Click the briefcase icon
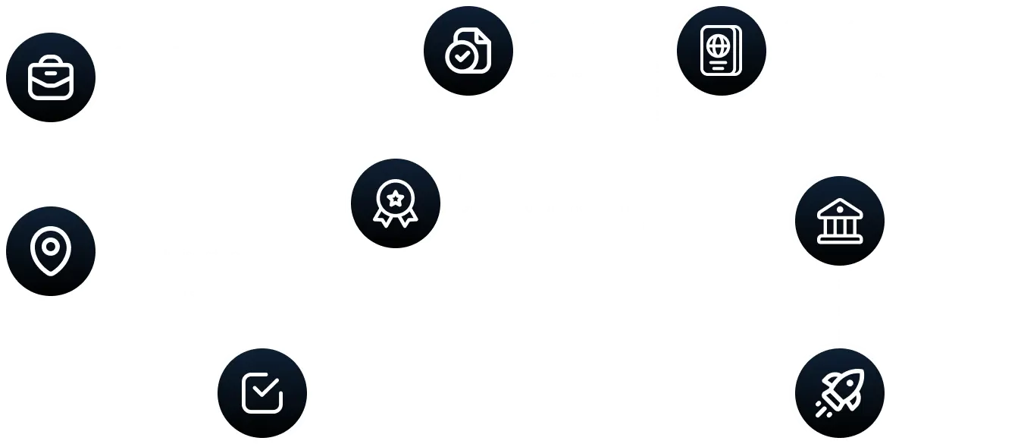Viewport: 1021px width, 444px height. pos(51,77)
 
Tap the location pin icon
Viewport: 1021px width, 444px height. pos(51,250)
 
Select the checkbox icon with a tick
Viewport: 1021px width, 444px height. pos(262,392)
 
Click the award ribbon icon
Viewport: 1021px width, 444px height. pos(395,203)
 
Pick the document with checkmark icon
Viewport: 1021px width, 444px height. pos(468,51)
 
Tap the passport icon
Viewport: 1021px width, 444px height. pos(721,51)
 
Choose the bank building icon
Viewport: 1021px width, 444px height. pos(839,220)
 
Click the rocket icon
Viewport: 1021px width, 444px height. pos(839,392)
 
